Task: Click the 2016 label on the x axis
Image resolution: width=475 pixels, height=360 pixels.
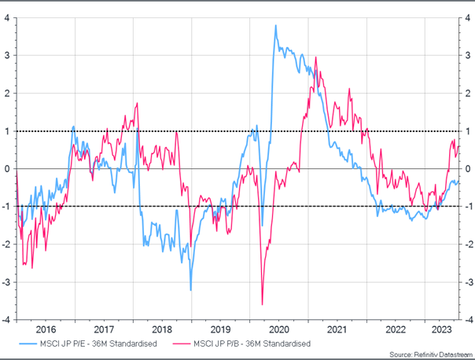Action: click(46, 330)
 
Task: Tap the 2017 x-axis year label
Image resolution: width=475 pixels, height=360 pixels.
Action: click(105, 330)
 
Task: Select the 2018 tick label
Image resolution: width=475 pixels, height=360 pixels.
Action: click(163, 330)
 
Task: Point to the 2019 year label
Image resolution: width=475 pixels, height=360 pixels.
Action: click(221, 330)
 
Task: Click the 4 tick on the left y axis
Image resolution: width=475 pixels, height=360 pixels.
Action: click(7, 17)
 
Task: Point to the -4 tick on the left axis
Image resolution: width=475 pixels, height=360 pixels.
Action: click(6, 320)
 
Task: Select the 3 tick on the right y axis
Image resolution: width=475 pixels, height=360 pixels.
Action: click(468, 55)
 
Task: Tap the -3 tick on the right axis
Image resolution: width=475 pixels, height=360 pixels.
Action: click(467, 282)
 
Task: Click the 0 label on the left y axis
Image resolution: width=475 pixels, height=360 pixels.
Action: click(7, 169)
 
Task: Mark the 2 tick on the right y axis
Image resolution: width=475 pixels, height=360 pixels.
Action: click(468, 93)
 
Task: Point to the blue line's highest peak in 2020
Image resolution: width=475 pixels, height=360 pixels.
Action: click(275, 26)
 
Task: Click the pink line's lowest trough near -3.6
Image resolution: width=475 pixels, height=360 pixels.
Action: click(262, 304)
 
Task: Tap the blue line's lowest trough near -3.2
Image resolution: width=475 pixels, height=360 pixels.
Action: click(190, 290)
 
